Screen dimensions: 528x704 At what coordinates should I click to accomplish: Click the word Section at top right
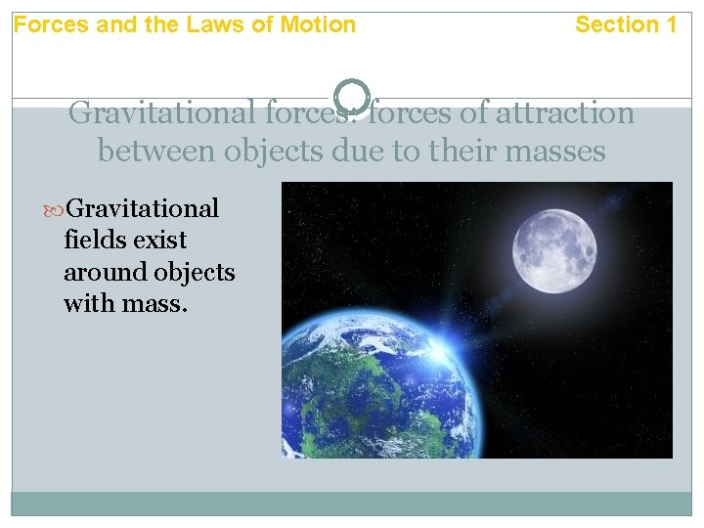pyautogui.click(x=615, y=24)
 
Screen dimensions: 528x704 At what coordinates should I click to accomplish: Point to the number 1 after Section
pyautogui.click(x=670, y=24)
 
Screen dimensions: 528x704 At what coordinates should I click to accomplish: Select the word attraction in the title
pyautogui.click(x=566, y=113)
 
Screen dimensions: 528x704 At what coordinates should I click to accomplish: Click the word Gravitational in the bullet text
pyautogui.click(x=145, y=208)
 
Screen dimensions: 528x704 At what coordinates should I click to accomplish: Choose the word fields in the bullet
pyautogui.click(x=92, y=240)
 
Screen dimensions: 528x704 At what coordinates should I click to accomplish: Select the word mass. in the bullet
pyautogui.click(x=156, y=303)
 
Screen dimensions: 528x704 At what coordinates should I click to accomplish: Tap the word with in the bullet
pyautogui.click(x=88, y=303)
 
